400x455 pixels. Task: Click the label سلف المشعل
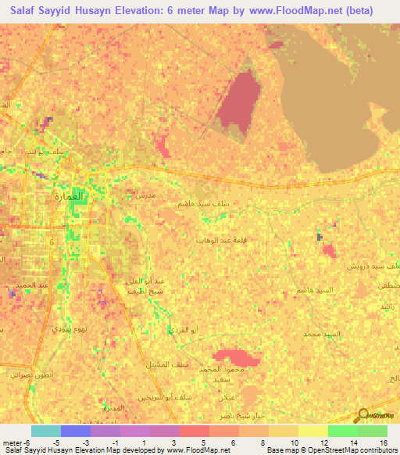(x=164, y=364)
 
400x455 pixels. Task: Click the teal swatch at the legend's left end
(x=46, y=431)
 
